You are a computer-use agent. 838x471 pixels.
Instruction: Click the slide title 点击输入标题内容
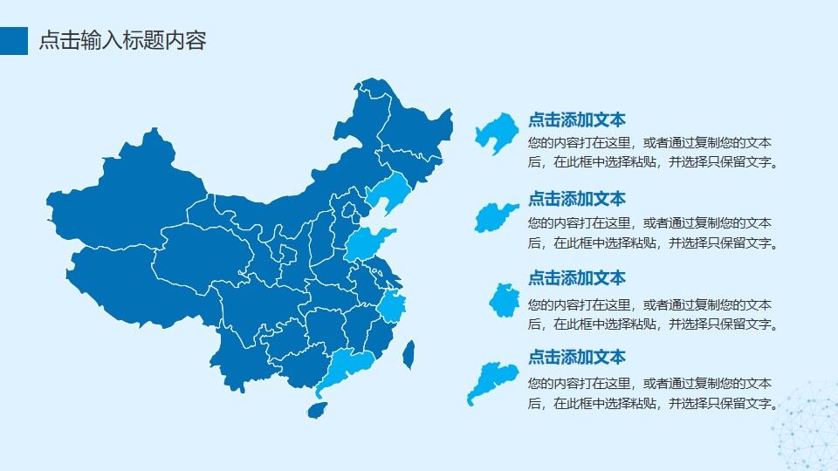click(123, 40)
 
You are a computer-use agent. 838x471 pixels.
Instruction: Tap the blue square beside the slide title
click(14, 40)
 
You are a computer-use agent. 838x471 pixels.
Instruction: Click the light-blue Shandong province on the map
click(367, 244)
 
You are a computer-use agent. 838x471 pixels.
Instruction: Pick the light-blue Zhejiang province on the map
click(392, 308)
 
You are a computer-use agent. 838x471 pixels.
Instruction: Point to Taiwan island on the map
click(408, 352)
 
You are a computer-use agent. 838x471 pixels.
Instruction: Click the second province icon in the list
click(496, 216)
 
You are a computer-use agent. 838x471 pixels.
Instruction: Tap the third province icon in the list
click(504, 299)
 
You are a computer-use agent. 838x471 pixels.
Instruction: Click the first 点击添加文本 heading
click(577, 120)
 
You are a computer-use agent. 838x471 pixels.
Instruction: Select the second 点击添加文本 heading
click(577, 199)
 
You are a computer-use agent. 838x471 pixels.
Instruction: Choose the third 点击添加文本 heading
click(577, 278)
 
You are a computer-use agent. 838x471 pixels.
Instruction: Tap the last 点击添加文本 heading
click(577, 357)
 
